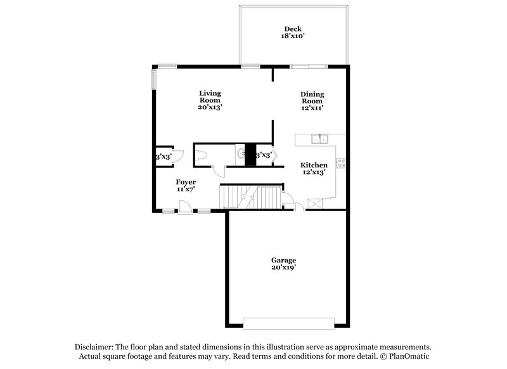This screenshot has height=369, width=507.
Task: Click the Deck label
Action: pyautogui.click(x=292, y=29)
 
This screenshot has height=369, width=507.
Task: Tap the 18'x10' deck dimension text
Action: pyautogui.click(x=292, y=36)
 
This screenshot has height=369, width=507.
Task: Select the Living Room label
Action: pyautogui.click(x=209, y=96)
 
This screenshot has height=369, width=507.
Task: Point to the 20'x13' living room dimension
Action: pyautogui.click(x=209, y=107)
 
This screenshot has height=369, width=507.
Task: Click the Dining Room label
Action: pyautogui.click(x=312, y=98)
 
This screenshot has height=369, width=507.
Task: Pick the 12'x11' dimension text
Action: pyautogui.click(x=312, y=108)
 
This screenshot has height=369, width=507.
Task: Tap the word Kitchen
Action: pyautogui.click(x=314, y=165)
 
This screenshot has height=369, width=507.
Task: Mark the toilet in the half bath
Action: pyautogui.click(x=203, y=155)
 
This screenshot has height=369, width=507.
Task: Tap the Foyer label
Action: pyautogui.click(x=186, y=182)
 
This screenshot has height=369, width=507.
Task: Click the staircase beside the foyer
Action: pyautogui.click(x=250, y=197)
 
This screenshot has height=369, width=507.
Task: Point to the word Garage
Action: pyautogui.click(x=284, y=260)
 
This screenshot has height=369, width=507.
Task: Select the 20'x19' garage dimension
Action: pyautogui.click(x=284, y=268)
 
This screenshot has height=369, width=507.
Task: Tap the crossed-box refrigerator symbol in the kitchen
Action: pyautogui.click(x=315, y=203)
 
